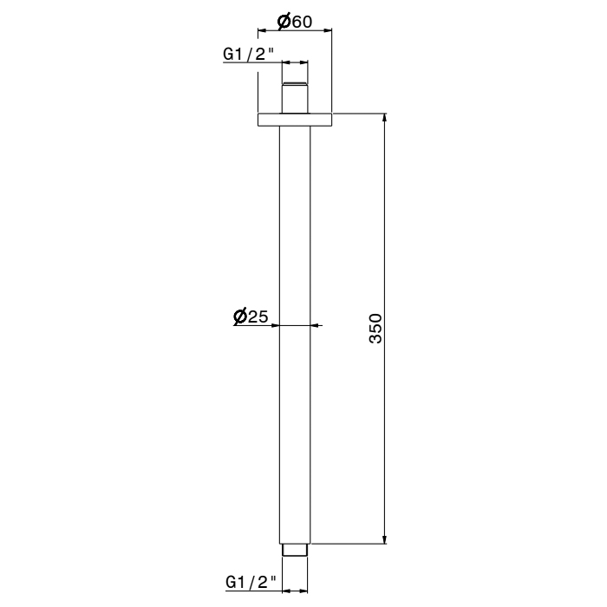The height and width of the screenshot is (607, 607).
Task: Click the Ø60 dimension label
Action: [x=294, y=22]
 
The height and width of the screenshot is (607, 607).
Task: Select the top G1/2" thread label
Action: [x=249, y=54]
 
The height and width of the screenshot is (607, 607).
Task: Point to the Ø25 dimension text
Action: [x=251, y=317]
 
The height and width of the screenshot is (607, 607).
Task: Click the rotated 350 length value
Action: [x=375, y=328]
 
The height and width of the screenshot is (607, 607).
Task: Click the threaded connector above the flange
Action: [x=296, y=95]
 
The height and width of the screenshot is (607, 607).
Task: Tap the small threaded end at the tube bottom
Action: [x=296, y=550]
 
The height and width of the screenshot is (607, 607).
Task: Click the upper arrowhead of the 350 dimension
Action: [x=385, y=119]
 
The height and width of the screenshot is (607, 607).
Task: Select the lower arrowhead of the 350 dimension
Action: [x=385, y=538]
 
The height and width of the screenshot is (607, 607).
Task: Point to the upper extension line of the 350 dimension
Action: [x=360, y=113]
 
